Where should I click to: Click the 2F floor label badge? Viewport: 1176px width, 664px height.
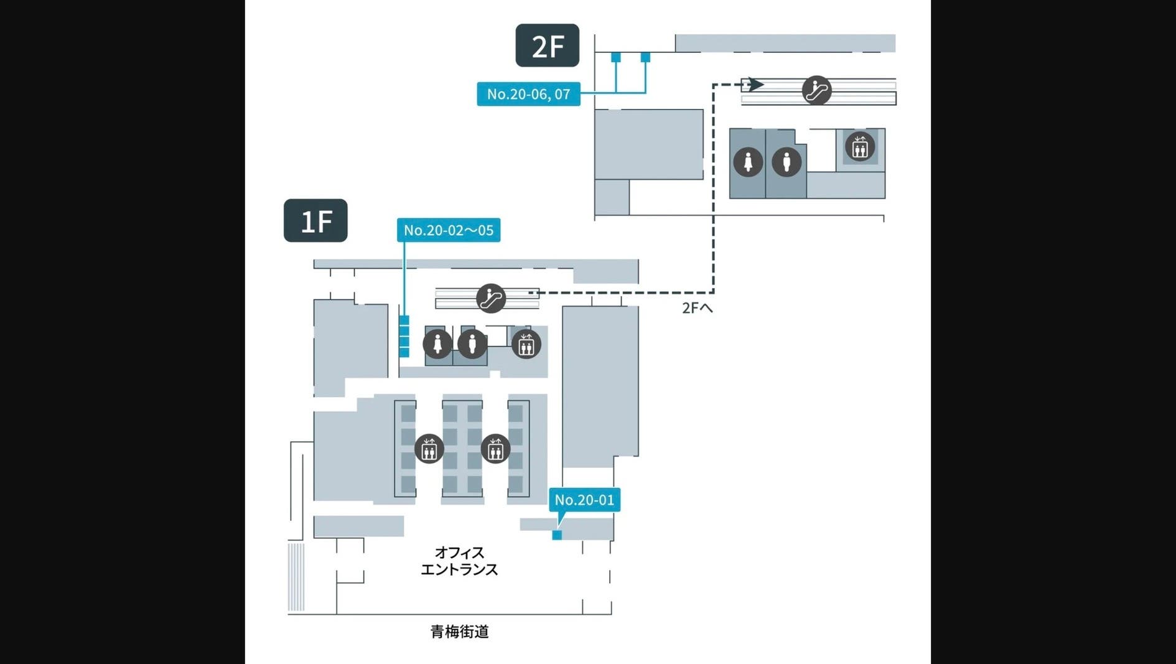click(547, 45)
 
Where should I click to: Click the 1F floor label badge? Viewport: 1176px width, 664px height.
click(315, 220)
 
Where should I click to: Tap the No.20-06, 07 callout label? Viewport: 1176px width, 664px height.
click(528, 94)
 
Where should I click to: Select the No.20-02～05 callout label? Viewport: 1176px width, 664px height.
click(448, 230)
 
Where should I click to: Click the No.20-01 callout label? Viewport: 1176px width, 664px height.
click(584, 500)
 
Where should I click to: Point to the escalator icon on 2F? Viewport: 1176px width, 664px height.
click(816, 91)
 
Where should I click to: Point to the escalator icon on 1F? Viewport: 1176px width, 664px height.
click(491, 298)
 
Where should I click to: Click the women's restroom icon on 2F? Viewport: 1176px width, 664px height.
click(748, 162)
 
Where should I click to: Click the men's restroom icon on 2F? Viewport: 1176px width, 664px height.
click(786, 162)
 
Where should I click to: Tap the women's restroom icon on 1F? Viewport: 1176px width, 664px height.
click(437, 344)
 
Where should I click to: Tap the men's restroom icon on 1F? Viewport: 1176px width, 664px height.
click(472, 344)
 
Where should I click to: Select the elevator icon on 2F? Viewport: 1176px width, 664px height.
click(859, 147)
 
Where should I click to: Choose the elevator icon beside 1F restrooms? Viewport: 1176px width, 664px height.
click(526, 344)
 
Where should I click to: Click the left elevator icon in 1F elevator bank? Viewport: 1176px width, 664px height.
click(429, 449)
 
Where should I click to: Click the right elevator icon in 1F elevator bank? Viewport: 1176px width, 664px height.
click(495, 449)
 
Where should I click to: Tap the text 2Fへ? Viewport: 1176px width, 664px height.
click(697, 308)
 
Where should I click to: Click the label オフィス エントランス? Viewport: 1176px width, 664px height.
click(459, 561)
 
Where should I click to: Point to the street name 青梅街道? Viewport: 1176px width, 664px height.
click(459, 632)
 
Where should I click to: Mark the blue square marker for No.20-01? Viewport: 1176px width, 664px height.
click(557, 535)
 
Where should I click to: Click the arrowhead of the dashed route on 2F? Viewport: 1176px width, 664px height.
click(755, 84)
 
